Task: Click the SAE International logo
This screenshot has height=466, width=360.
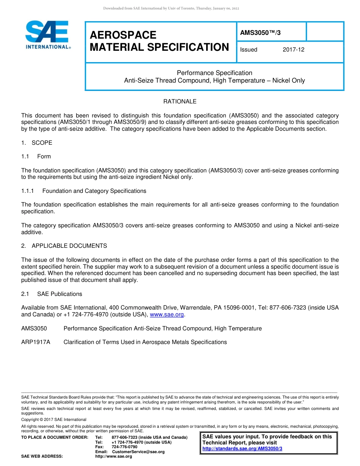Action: pyautogui.click(x=47, y=35)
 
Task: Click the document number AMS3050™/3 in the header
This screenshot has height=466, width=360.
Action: pyautogui.click(x=260, y=33)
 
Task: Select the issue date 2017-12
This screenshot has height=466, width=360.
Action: pyautogui.click(x=293, y=50)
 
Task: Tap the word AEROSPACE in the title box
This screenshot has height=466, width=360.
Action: pyautogui.click(x=123, y=35)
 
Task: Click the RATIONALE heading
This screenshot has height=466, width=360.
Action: pyautogui.click(x=180, y=102)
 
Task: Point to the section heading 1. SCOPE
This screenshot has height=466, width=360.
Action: pyautogui.click(x=37, y=143)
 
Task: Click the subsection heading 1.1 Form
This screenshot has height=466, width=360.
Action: pyautogui.click(x=36, y=156)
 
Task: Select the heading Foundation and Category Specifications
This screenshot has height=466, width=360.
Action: pyautogui.click(x=94, y=191)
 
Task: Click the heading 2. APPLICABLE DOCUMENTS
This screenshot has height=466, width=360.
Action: pyautogui.click(x=64, y=246)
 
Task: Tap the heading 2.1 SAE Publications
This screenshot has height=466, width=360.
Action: pyautogui.click(x=52, y=294)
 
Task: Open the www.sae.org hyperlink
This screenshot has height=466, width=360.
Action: pyautogui.click(x=167, y=314)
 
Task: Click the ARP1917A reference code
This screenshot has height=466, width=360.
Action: pyautogui.click(x=36, y=342)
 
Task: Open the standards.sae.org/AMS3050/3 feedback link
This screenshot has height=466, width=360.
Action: pyautogui.click(x=242, y=449)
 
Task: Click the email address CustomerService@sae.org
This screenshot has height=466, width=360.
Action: pyautogui.click(x=138, y=452)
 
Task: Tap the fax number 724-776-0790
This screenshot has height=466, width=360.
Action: pyautogui.click(x=124, y=447)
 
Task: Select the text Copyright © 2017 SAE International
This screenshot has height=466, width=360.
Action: pyautogui.click(x=54, y=419)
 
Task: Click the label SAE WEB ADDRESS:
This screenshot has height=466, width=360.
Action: pyautogui.click(x=42, y=457)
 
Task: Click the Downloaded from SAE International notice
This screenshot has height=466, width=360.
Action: pyautogui.click(x=171, y=8)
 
